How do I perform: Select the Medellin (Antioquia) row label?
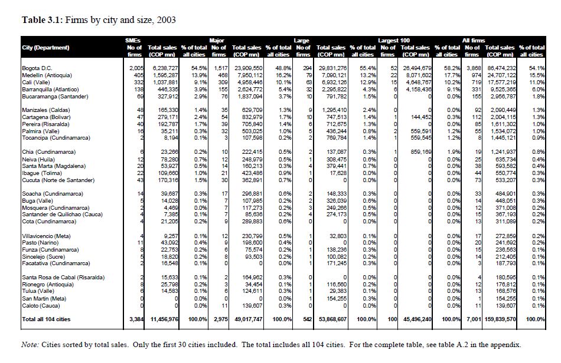tap(47, 75)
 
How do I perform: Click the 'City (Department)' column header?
tap(46, 47)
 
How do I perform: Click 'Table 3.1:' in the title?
tap(41, 20)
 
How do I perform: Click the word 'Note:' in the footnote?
tap(31, 345)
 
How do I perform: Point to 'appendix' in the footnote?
tap(508, 345)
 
